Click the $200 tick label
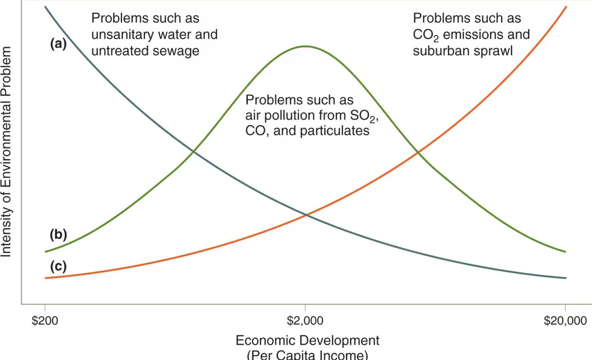[x=45, y=321]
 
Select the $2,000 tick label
[x=305, y=321]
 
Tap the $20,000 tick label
[x=565, y=321]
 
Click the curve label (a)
[x=58, y=43]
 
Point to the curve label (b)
[x=58, y=234]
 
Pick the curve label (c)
[x=58, y=266]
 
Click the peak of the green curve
[x=305, y=46]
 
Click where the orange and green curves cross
[x=418, y=153]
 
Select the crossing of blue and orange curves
[x=305, y=215]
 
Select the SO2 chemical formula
[x=363, y=116]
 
